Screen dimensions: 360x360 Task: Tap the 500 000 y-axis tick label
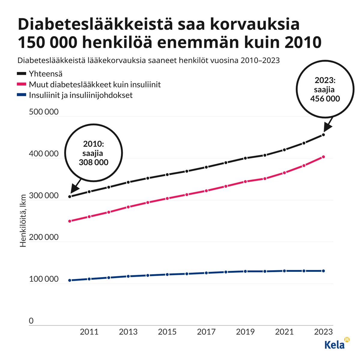[x=44, y=112]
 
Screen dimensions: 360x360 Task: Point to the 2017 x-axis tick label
[x=206, y=332]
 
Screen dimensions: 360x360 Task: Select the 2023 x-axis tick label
[x=323, y=332]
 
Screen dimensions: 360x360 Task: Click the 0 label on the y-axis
[x=31, y=321]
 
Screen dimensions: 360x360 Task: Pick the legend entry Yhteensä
[x=45, y=73]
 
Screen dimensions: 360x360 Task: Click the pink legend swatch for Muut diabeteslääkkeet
[x=22, y=85]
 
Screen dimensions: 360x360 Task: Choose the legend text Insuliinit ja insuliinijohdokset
[x=80, y=95]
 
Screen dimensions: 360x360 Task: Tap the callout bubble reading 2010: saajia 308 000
[x=93, y=153]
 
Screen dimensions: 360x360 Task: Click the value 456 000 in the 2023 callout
[x=325, y=99]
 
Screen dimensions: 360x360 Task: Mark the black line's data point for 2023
[x=323, y=135]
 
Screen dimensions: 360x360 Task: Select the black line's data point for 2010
[x=70, y=196]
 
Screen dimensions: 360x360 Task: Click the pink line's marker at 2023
[x=323, y=157]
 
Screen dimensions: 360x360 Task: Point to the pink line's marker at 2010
[x=70, y=221]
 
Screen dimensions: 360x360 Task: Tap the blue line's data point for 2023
[x=323, y=271]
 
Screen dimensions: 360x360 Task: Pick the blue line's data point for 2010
[x=70, y=280]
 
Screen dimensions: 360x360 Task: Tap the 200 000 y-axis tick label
[x=44, y=237]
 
